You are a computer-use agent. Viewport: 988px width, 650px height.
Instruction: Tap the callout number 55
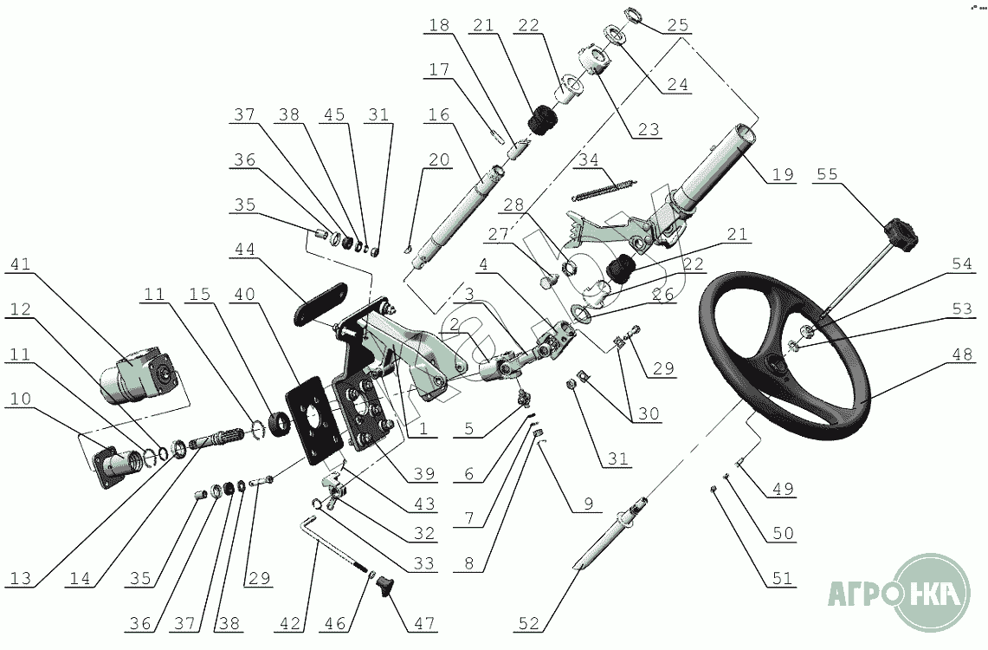[x=827, y=173]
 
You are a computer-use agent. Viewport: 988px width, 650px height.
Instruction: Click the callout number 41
[x=21, y=263]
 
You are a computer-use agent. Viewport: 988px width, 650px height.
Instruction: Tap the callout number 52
[x=529, y=623]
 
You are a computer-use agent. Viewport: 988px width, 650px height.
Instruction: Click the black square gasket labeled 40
[x=307, y=419]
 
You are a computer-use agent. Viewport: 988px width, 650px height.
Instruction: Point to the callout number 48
[x=961, y=355]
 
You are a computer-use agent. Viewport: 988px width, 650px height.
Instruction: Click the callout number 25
[x=678, y=25]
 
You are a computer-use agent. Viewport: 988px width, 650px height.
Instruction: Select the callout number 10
[x=20, y=399]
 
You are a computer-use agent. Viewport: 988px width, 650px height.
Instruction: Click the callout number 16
[x=439, y=114]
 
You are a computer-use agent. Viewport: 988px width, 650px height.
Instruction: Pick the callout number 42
[x=290, y=623]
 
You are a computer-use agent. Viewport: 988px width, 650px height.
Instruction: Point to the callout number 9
[x=589, y=504]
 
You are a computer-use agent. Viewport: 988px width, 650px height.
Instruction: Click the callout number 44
[x=244, y=250]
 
